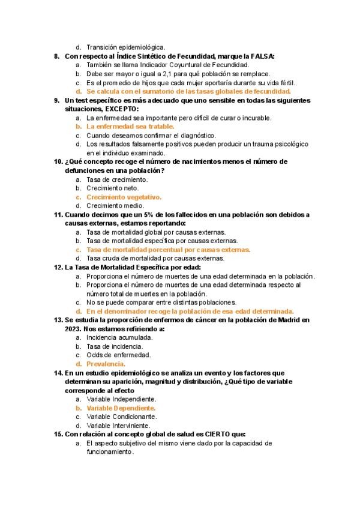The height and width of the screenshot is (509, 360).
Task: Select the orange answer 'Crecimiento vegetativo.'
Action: point(124,197)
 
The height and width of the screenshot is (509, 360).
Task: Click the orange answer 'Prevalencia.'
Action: point(106,364)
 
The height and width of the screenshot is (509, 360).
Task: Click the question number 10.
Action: point(58,161)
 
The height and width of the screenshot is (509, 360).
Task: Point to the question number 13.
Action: point(58,320)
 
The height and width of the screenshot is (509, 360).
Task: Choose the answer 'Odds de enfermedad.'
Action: point(118,355)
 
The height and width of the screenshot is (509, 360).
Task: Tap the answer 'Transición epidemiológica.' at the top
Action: point(125,47)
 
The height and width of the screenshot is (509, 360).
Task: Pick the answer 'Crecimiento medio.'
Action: point(116,206)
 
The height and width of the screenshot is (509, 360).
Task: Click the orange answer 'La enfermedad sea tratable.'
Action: point(130,127)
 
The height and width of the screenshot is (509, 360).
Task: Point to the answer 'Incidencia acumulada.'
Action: point(119,337)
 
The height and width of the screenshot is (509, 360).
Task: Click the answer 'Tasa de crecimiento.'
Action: point(117,179)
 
